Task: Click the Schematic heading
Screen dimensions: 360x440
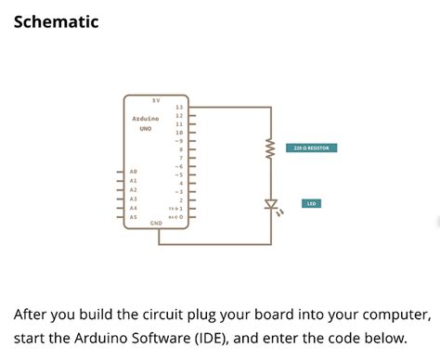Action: [x=57, y=20]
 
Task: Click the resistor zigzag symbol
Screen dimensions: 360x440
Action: [x=271, y=148]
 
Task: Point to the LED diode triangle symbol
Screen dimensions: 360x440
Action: [x=271, y=204]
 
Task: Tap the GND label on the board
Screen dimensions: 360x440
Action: [x=155, y=224]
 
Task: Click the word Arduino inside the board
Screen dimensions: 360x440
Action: [x=146, y=119]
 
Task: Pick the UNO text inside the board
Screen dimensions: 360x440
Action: [x=146, y=129]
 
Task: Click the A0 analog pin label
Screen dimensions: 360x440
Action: [x=134, y=172]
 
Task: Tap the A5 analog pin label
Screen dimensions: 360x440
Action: [x=134, y=216]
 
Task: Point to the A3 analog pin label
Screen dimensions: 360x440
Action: [x=134, y=199]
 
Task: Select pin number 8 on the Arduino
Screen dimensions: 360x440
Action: [x=181, y=149]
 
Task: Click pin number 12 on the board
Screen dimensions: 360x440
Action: [x=178, y=116]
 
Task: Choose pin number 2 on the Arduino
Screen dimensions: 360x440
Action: [x=181, y=199]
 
